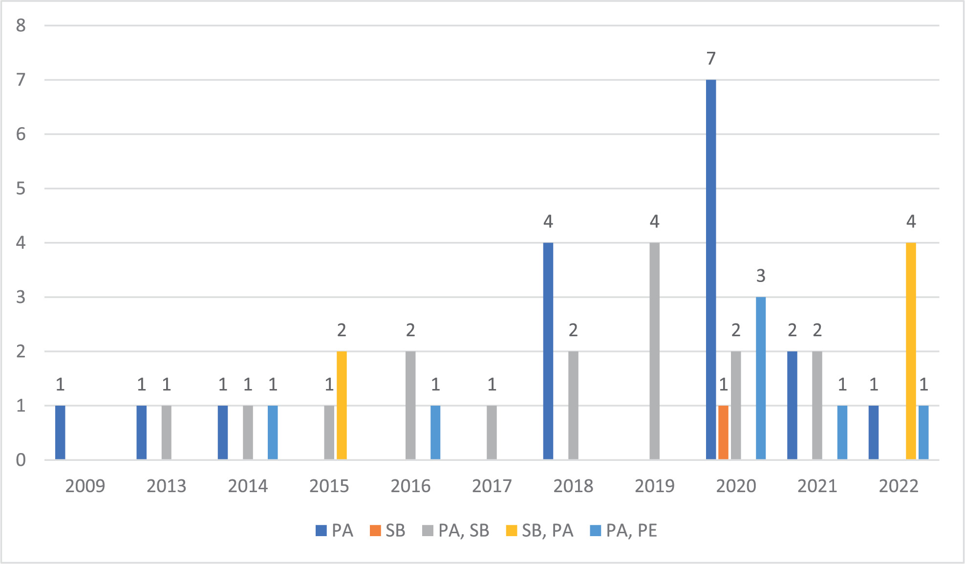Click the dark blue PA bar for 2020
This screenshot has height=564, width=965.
pos(711,269)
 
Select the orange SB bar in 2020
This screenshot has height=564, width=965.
pos(723,433)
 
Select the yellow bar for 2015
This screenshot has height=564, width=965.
pos(342,405)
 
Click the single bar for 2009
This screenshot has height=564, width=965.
pos(60,433)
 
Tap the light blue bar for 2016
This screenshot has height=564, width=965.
pos(435,433)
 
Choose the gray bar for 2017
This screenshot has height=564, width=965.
pos(492,433)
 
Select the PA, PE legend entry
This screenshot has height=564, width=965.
pos(624,531)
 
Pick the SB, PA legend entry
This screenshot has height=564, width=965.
pos(540,531)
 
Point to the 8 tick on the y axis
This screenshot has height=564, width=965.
pos(21,25)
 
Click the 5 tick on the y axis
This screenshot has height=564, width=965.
pos(21,189)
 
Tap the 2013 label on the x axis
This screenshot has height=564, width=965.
pos(166,486)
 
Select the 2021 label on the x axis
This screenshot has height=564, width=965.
pos(817,486)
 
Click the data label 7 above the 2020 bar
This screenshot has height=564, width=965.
pos(711,59)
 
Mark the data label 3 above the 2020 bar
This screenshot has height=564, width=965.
pos(761,276)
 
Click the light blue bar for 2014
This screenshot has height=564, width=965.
pos(273,433)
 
